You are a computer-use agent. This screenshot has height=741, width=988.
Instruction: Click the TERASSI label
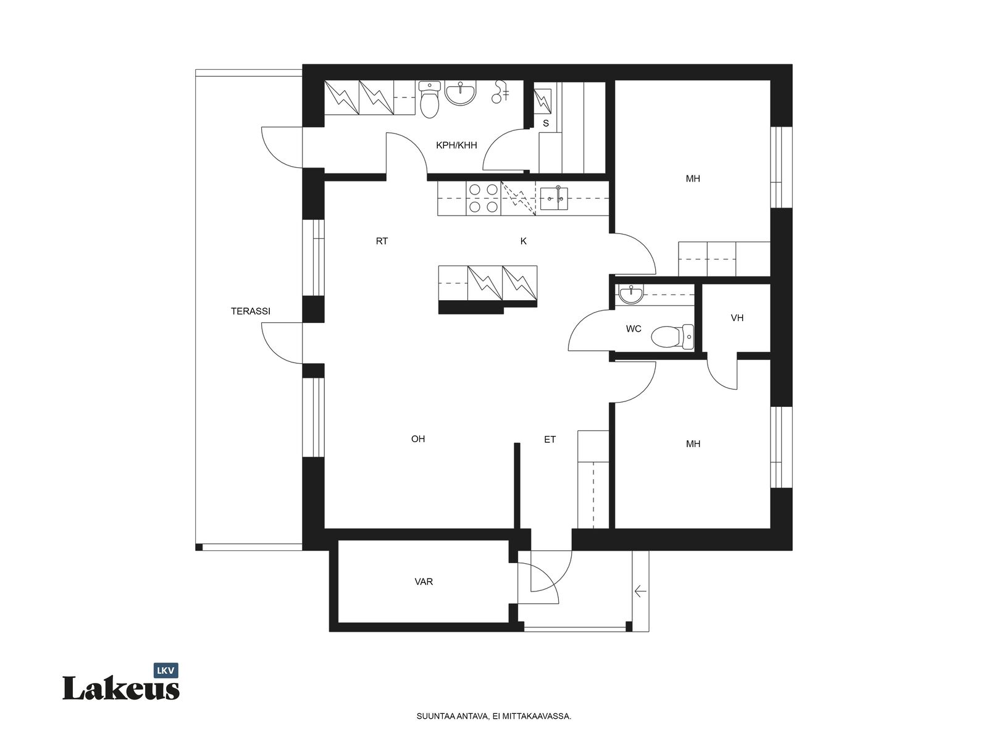tap(250, 311)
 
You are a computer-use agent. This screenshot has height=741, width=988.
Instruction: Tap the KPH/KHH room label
tap(456, 145)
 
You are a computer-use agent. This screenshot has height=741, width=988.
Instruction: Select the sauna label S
tap(545, 124)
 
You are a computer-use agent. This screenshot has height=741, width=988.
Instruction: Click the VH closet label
tap(737, 318)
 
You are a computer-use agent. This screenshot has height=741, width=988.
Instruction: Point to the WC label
tap(634, 329)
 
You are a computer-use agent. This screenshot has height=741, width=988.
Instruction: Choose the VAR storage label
tap(424, 582)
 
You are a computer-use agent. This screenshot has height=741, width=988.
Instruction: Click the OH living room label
tap(417, 438)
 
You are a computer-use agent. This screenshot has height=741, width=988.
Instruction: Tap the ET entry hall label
tap(550, 440)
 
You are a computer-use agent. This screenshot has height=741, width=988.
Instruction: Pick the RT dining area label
tap(382, 241)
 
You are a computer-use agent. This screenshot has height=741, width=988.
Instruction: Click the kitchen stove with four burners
tap(484, 198)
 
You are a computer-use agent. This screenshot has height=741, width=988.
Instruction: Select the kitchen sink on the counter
tap(554, 198)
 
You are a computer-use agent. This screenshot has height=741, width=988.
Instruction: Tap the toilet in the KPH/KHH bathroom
tap(429, 99)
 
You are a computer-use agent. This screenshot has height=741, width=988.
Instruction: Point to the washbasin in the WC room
tap(631, 295)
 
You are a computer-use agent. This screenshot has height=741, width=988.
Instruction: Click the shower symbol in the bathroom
tap(500, 92)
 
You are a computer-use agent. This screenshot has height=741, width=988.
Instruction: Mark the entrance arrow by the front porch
tap(640, 591)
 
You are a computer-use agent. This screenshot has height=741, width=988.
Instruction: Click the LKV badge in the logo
tap(165, 671)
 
